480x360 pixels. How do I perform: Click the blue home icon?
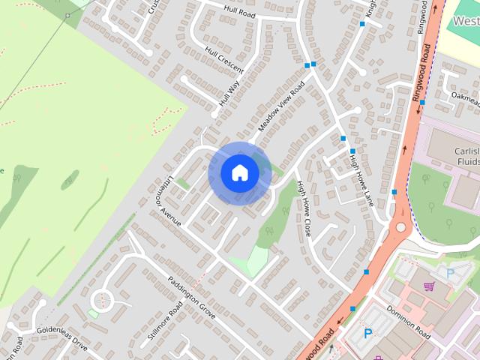click(x=240, y=173)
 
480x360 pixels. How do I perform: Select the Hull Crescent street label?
click(x=224, y=58)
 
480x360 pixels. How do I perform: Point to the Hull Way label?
click(x=229, y=94)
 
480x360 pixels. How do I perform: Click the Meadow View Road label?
click(x=281, y=108)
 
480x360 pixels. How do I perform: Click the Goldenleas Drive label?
click(x=62, y=339)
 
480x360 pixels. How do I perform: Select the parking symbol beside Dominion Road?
click(x=368, y=333)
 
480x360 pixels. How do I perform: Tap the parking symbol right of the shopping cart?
click(x=450, y=273)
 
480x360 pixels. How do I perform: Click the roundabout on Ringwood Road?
click(x=400, y=226)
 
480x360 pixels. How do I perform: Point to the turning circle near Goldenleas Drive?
click(x=102, y=302)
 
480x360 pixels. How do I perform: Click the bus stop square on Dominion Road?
click(x=352, y=308)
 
